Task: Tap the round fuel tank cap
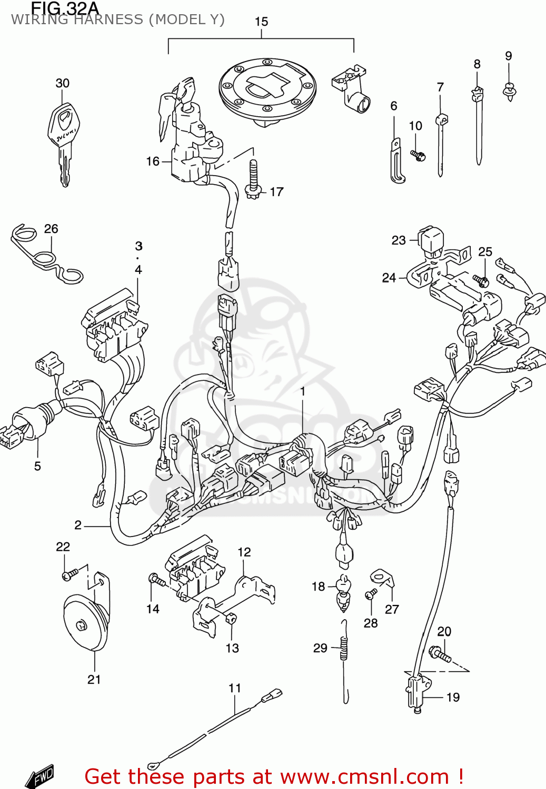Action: point(267,90)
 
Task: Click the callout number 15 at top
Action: point(261,22)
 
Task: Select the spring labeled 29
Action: point(343,648)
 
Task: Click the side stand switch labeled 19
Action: point(416,689)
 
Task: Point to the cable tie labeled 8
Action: point(478,126)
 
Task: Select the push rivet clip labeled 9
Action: point(509,93)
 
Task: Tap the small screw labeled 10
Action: point(418,155)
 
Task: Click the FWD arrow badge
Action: point(41,776)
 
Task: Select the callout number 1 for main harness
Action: point(303,391)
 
